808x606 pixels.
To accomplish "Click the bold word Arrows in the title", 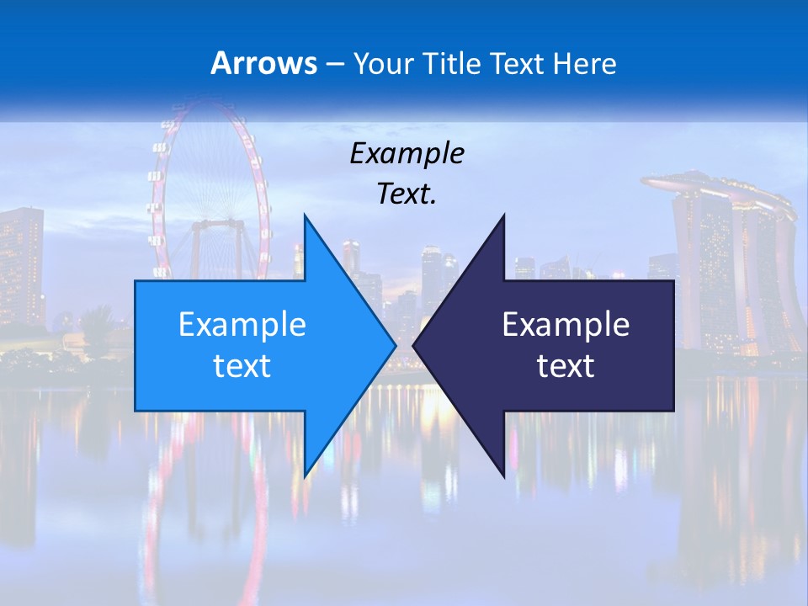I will click(x=264, y=63).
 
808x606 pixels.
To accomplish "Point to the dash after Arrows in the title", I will click(x=333, y=64).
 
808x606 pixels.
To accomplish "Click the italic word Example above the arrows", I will click(x=407, y=154).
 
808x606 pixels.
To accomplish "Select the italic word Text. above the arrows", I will click(x=407, y=194).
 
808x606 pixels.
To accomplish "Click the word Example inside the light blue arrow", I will click(x=242, y=325).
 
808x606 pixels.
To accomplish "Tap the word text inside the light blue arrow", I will click(x=242, y=366).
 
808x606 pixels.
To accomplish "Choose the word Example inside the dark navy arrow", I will click(x=566, y=325).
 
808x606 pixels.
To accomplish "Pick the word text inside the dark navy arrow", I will click(x=566, y=366).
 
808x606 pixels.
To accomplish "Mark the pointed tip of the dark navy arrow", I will click(x=414, y=345).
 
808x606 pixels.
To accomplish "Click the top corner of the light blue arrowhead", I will click(x=305, y=215).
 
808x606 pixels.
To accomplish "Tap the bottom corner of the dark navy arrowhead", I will click(x=504, y=476).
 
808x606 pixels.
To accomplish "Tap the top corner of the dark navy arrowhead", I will click(x=504, y=215).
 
